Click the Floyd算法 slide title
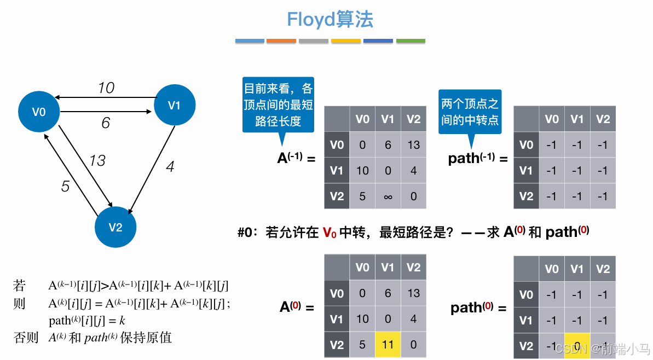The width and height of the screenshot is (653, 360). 330,20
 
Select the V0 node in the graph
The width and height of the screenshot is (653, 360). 39,112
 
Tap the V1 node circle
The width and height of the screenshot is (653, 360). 174,105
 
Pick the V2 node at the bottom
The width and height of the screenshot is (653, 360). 115,228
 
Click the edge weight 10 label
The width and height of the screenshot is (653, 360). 106,88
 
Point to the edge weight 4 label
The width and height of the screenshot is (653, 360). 170,166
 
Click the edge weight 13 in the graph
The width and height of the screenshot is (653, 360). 97,160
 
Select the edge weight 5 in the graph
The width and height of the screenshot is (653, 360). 65,187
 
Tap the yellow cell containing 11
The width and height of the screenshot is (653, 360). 388,345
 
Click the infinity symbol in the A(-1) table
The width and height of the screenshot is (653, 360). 388,196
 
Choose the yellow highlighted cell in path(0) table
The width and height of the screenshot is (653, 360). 577,345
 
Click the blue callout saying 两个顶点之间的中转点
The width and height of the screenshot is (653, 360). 470,112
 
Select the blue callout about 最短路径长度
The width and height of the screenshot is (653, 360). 278,104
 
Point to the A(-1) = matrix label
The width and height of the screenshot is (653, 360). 296,159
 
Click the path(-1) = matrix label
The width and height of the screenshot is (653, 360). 477,159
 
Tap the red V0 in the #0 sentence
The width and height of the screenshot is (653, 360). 330,233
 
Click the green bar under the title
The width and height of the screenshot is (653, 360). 411,41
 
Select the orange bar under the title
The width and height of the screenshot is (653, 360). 281,41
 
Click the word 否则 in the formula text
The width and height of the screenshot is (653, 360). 26,338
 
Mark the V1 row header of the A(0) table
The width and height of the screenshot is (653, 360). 337,320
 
